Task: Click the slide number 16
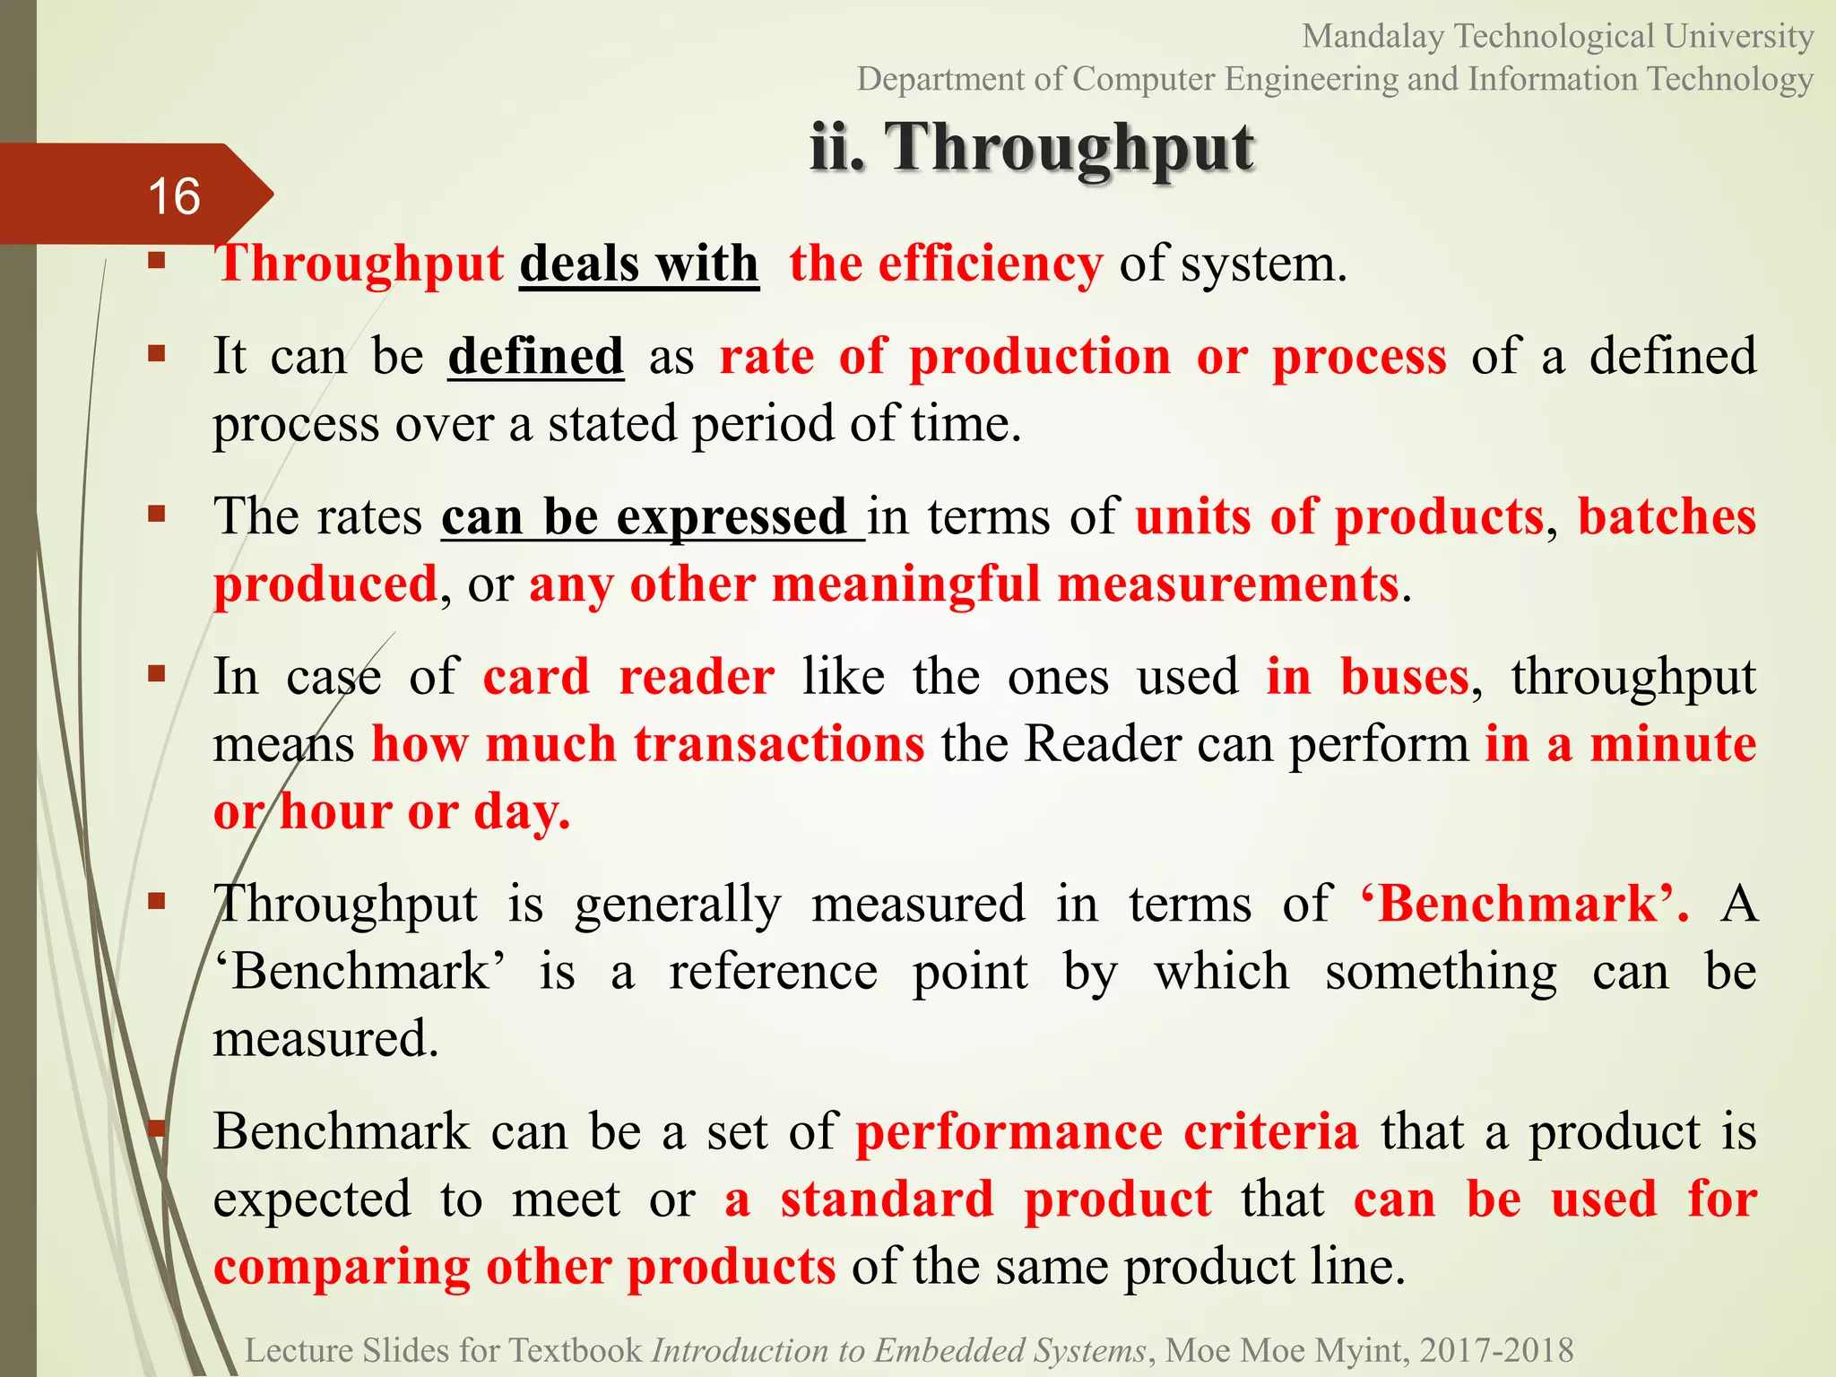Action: pyautogui.click(x=174, y=196)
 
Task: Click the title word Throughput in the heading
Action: pyautogui.click(x=1070, y=148)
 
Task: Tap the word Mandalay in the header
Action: pyautogui.click(x=1373, y=37)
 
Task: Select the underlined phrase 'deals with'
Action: pyautogui.click(x=639, y=264)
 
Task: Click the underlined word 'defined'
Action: pyautogui.click(x=535, y=356)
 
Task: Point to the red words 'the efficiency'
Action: pyautogui.click(x=946, y=264)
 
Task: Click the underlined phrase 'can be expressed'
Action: pyautogui.click(x=652, y=517)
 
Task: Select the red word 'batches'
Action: pyautogui.click(x=1667, y=517)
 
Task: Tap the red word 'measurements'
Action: pyautogui.click(x=1228, y=585)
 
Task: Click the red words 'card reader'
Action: pyautogui.click(x=628, y=677)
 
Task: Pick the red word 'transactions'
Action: pyautogui.click(x=779, y=744)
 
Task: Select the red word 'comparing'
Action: pyautogui.click(x=342, y=1268)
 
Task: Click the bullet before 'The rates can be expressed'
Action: pyautogui.click(x=158, y=514)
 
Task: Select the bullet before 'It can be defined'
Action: pyautogui.click(x=158, y=353)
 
